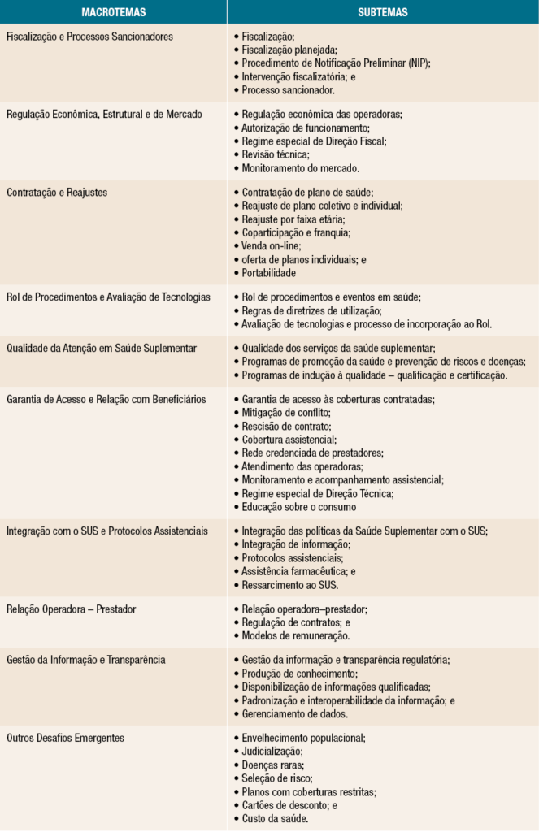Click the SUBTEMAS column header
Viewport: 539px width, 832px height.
(x=382, y=12)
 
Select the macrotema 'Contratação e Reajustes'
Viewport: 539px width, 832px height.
(x=57, y=193)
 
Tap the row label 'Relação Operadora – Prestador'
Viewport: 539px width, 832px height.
(x=72, y=609)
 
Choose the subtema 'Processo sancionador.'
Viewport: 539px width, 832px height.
(x=288, y=89)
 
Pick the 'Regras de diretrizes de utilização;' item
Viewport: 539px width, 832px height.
(x=312, y=310)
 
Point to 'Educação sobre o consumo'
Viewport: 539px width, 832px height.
(x=298, y=507)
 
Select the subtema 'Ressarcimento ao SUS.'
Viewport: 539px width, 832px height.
(x=289, y=584)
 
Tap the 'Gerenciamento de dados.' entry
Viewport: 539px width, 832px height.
(x=294, y=713)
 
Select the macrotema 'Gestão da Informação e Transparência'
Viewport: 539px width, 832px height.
(x=86, y=661)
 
